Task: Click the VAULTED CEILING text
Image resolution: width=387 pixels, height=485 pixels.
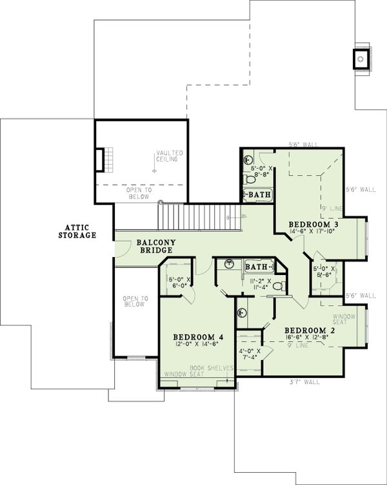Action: coord(170,158)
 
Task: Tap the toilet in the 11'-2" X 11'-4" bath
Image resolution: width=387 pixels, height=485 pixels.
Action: coord(277,286)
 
